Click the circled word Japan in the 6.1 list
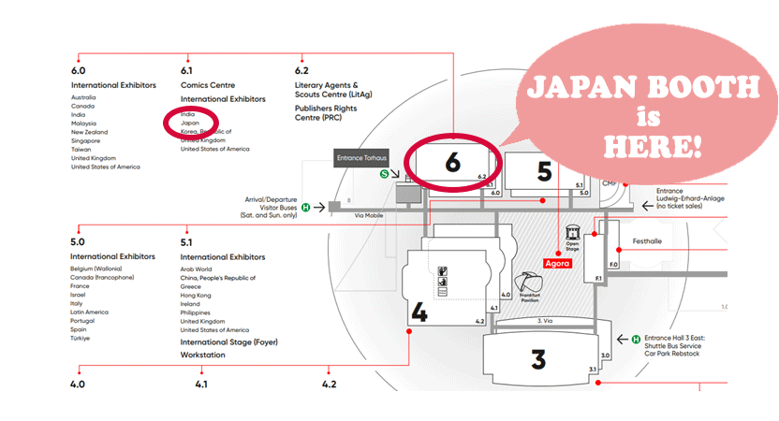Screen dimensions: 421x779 [190, 123]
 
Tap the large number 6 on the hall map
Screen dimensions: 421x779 [453, 161]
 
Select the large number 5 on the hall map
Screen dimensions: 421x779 [545, 170]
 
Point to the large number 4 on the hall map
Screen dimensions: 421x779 [419, 312]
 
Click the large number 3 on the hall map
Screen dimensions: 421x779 [537, 358]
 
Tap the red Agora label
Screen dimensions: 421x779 [558, 265]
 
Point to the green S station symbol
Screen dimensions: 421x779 [383, 173]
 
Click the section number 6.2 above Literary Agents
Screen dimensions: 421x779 [301, 70]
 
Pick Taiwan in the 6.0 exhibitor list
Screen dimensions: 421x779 [82, 149]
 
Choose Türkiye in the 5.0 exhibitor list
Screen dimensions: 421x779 [81, 338]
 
